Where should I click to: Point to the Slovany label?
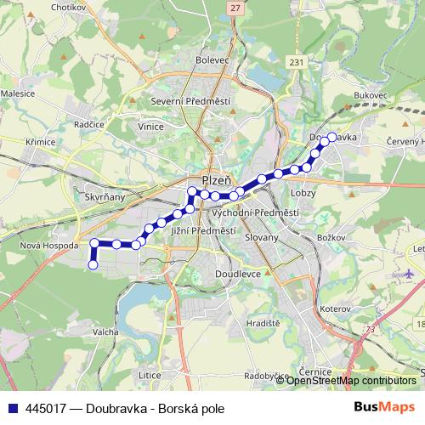click(x=260, y=237)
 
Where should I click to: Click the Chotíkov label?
click(x=71, y=7)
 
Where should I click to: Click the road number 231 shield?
click(x=296, y=63)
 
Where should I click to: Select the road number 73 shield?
click(x=370, y=329)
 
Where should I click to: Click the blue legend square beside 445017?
click(x=11, y=408)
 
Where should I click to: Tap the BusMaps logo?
click(x=390, y=408)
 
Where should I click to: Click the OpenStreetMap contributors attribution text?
click(x=350, y=381)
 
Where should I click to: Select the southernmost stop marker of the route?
click(x=93, y=265)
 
